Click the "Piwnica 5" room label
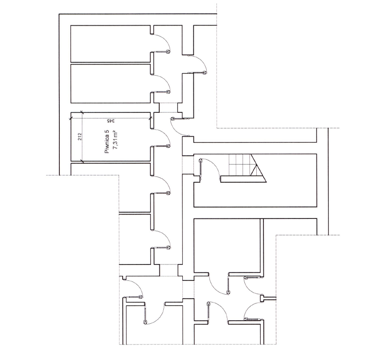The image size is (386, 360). [x=107, y=142]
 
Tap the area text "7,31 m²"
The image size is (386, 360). [x=115, y=141]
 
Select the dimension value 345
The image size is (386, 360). [x=111, y=121]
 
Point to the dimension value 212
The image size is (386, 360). [x=80, y=137]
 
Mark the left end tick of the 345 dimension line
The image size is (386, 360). [x=71, y=119]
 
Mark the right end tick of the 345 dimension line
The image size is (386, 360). [x=151, y=119]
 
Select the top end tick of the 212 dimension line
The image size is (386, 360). [x=82, y=113]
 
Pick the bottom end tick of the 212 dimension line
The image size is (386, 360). [x=82, y=161]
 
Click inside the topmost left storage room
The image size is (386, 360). [x=111, y=43]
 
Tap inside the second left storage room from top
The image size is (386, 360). [x=111, y=84]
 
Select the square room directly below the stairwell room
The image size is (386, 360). [x=227, y=245]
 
